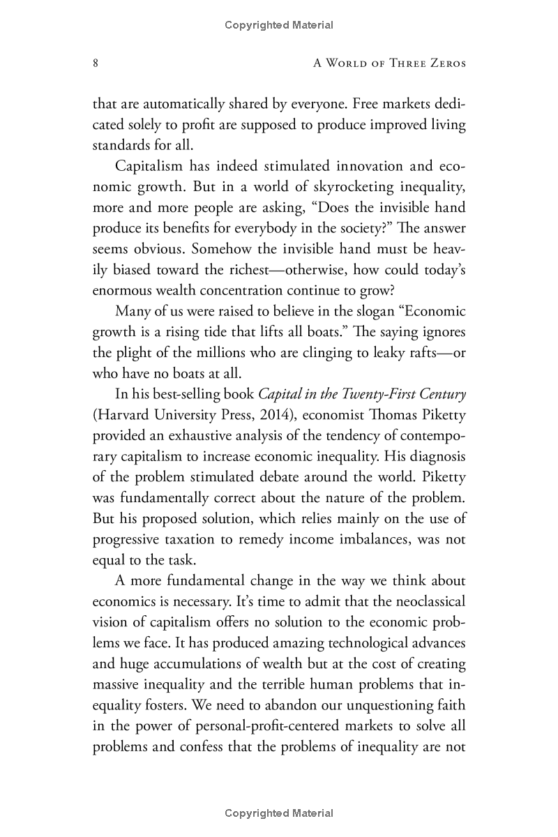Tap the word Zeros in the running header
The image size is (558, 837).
pyautogui.click(x=444, y=63)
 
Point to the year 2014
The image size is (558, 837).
pyautogui.click(x=273, y=415)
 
